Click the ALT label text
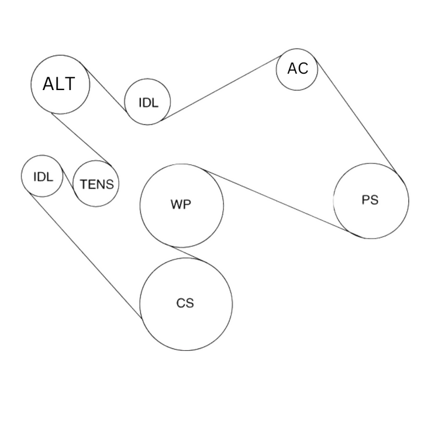59,84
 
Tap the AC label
298,68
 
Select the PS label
370,200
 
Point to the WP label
181,204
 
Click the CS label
185,303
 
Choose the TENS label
97,184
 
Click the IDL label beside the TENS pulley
43,177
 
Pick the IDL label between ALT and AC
149,102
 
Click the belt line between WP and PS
276,201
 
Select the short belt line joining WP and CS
186,253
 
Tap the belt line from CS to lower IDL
86,256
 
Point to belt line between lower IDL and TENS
68,183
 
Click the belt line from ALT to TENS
81,139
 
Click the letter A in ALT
49,84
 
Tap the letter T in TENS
84,184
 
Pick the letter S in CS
190,303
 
